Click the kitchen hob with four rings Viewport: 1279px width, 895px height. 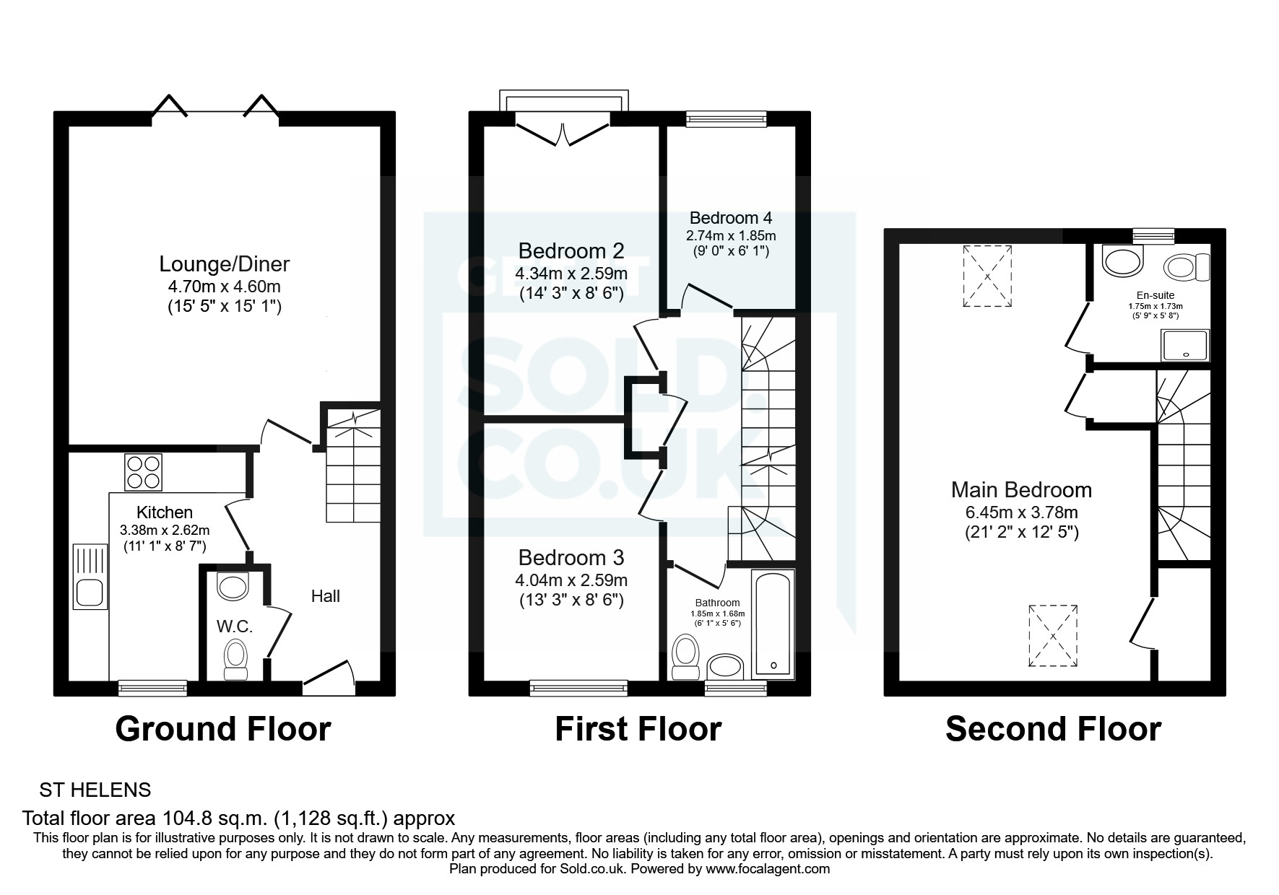pos(143,471)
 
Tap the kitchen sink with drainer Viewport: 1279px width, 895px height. pos(90,576)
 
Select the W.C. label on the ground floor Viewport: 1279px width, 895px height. pos(235,626)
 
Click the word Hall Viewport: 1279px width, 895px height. pos(325,596)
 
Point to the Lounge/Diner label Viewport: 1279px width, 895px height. pos(224,264)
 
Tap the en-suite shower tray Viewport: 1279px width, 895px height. pos(1184,345)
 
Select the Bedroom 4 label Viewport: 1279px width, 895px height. pos(731,218)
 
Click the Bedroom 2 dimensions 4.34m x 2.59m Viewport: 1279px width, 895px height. pos(571,274)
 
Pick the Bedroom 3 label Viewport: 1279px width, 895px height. pos(571,558)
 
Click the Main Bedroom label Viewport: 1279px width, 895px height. pos(1021,490)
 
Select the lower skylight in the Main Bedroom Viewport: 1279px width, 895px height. pos(1052,635)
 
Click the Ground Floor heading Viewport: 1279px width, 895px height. pos(223,729)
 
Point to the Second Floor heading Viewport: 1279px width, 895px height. pos(1053,729)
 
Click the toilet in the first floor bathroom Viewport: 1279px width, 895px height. pos(683,657)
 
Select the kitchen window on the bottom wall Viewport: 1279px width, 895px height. pos(152,688)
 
